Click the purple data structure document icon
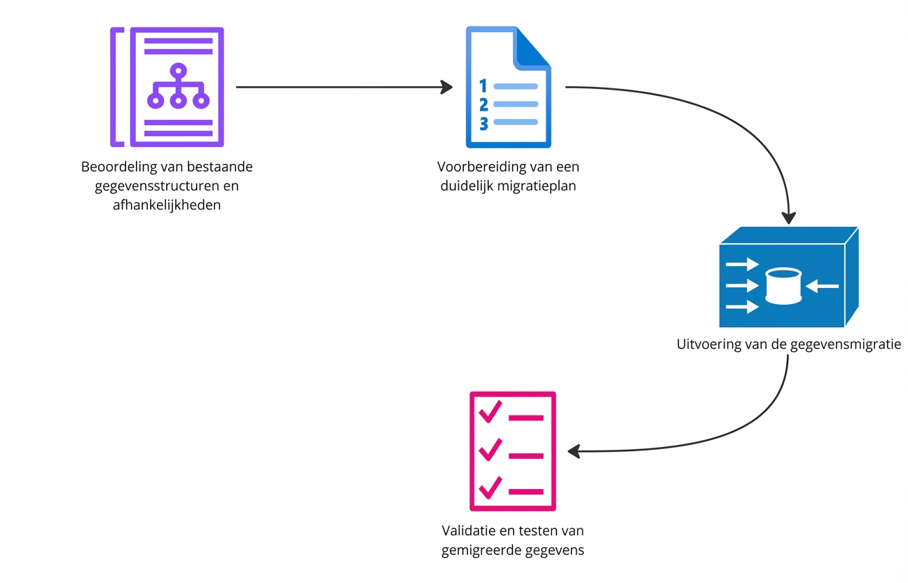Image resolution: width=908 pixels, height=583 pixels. (167, 87)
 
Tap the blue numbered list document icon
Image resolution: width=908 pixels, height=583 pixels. (509, 87)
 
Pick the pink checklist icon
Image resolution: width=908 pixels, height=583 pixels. (512, 451)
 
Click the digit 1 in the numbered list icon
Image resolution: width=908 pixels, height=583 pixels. (483, 86)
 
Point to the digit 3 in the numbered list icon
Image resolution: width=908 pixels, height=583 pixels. (483, 123)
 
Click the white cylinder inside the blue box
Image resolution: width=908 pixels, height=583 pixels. (783, 286)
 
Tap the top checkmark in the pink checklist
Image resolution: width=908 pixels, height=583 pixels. (489, 411)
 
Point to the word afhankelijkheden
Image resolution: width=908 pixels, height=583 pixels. (167, 205)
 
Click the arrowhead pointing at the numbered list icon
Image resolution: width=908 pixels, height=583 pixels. (446, 87)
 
